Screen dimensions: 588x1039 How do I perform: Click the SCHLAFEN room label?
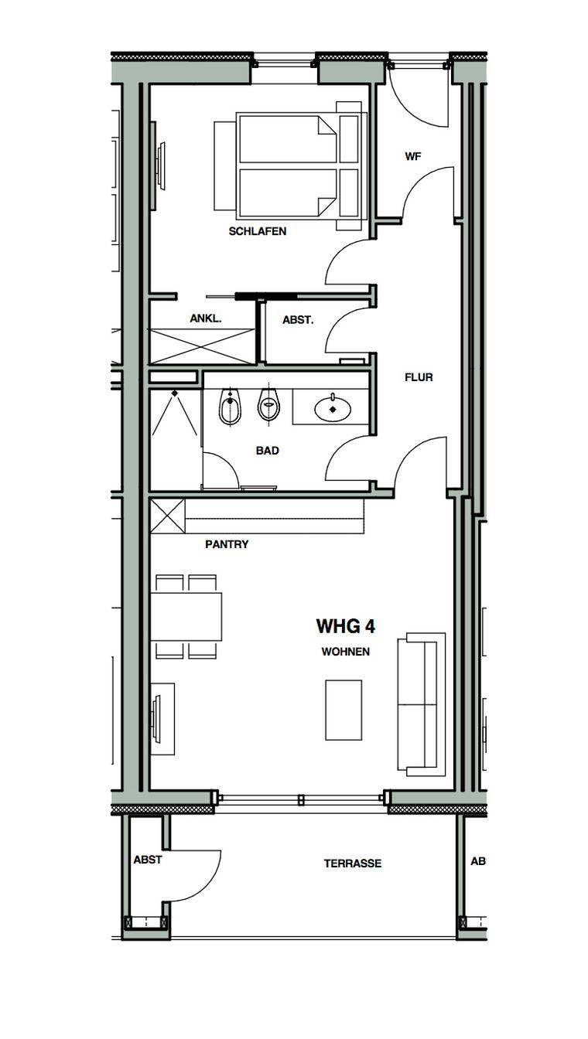coord(257,231)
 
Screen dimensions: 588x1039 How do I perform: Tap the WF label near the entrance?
coord(412,156)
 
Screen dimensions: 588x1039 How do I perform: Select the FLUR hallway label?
coord(419,377)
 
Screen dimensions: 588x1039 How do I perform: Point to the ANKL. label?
coord(206,319)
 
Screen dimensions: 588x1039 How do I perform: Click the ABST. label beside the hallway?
coord(298,319)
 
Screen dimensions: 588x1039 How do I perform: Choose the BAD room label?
coord(268,451)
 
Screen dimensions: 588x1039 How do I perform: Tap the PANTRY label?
coord(227,544)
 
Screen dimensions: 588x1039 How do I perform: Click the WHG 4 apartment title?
coord(346,626)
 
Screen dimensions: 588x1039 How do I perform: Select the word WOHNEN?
coord(346,652)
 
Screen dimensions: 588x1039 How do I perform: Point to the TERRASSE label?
coord(353,864)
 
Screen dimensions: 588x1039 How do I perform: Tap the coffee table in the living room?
coord(344,710)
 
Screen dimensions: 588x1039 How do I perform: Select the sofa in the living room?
coord(422,704)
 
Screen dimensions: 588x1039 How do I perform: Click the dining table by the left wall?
coord(186,616)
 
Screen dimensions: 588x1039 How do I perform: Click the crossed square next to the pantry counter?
coord(168,516)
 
